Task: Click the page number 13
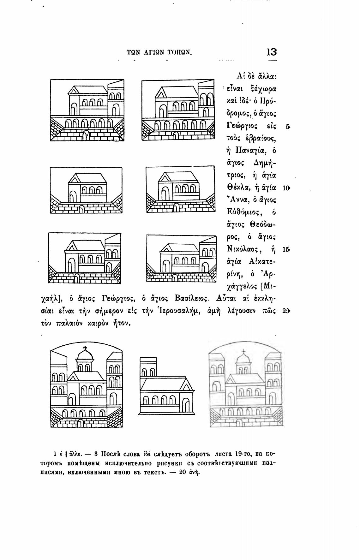[271, 52]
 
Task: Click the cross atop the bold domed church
[85, 349]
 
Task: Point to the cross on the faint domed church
[244, 351]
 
